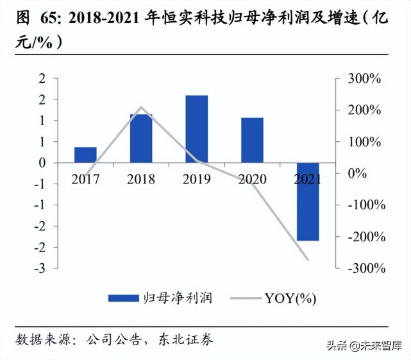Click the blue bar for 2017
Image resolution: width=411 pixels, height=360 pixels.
(85, 155)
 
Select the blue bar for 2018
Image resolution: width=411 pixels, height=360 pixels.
(141, 139)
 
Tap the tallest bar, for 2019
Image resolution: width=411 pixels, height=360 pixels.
(197, 129)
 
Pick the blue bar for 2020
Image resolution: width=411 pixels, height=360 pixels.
(252, 140)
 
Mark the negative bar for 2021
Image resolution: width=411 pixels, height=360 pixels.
(308, 201)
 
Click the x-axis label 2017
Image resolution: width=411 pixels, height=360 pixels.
(85, 179)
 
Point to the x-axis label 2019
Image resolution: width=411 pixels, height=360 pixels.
(197, 179)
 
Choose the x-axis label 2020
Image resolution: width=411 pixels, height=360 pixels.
(252, 179)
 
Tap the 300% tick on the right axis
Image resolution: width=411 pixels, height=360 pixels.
(364, 79)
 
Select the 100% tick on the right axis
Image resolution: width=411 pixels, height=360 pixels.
(364, 142)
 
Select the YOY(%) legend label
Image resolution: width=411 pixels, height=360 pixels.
(290, 298)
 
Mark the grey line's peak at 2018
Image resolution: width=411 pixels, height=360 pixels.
(141, 107)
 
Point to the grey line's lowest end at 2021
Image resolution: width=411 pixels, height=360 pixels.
(308, 260)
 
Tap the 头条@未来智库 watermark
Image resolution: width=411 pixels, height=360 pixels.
(367, 346)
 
